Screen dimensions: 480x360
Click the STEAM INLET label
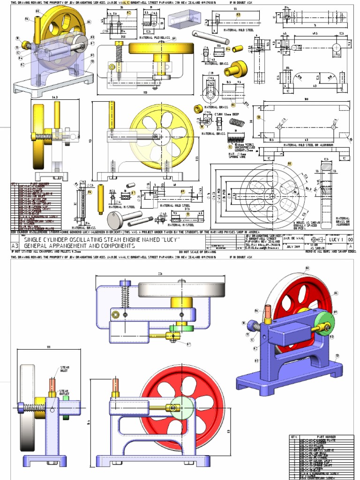[64, 369]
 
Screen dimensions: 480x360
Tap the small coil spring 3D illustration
[237, 123]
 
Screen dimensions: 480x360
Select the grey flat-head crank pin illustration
[123, 218]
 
